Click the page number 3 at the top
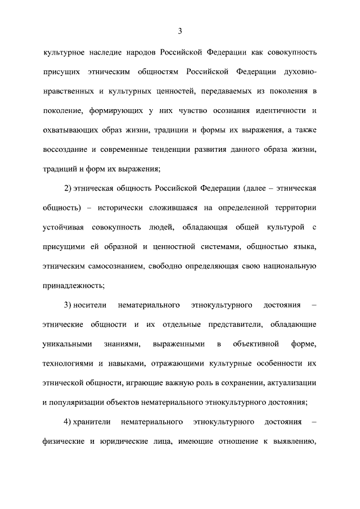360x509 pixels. click(180, 30)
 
